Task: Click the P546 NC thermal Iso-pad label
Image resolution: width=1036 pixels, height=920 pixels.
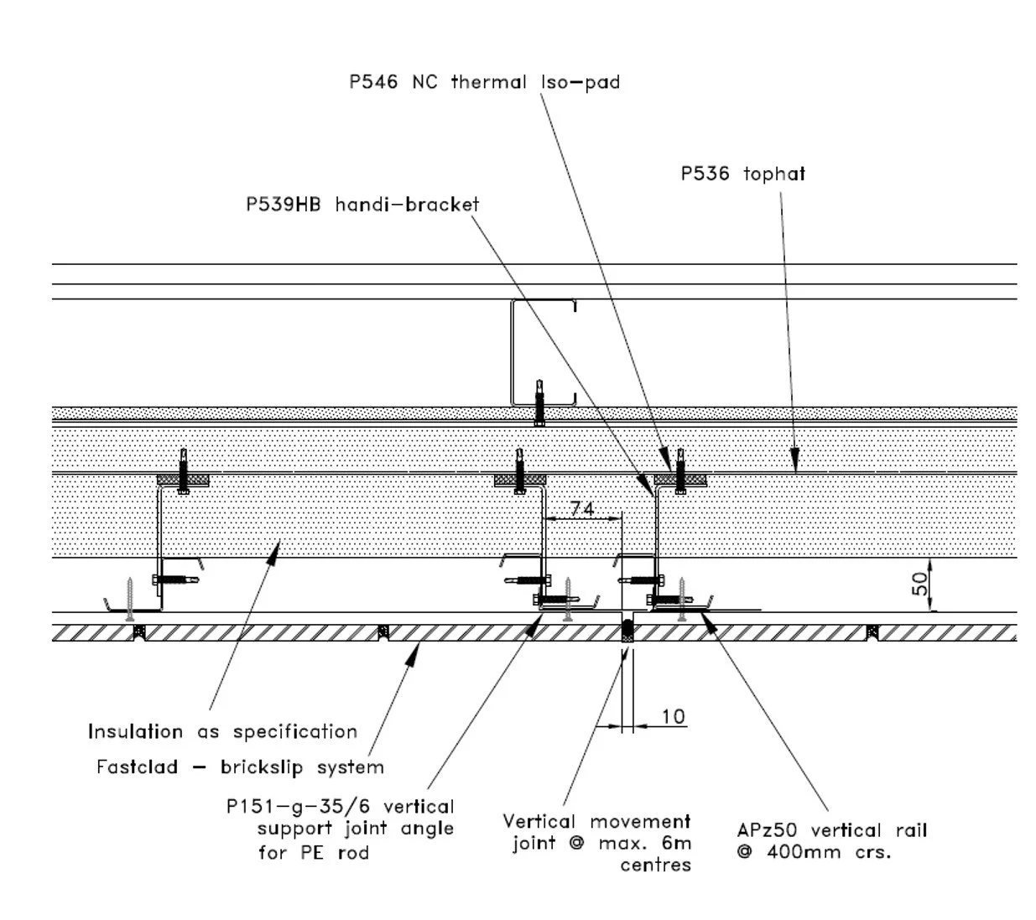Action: tap(484, 82)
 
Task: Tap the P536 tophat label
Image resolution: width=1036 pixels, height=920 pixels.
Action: tap(742, 174)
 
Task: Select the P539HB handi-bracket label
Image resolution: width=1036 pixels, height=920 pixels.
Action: tap(362, 205)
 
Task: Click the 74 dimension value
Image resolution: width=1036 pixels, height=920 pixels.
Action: tap(581, 509)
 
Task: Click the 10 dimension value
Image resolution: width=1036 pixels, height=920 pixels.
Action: tap(673, 716)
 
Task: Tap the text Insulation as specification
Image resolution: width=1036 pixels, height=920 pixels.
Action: tap(222, 731)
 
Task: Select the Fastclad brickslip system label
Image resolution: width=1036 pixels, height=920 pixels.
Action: tap(240, 767)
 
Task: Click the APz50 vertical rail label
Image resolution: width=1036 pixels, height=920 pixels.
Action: tap(831, 830)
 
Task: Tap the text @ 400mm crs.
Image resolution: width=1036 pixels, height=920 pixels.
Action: tap(813, 853)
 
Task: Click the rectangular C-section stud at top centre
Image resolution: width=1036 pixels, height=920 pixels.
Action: tap(543, 352)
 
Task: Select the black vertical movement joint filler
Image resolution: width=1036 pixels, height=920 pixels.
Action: tap(627, 631)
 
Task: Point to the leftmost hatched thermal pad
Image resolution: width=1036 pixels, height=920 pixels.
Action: tap(184, 480)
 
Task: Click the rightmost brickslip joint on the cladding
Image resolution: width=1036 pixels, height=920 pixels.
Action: tap(872, 631)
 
